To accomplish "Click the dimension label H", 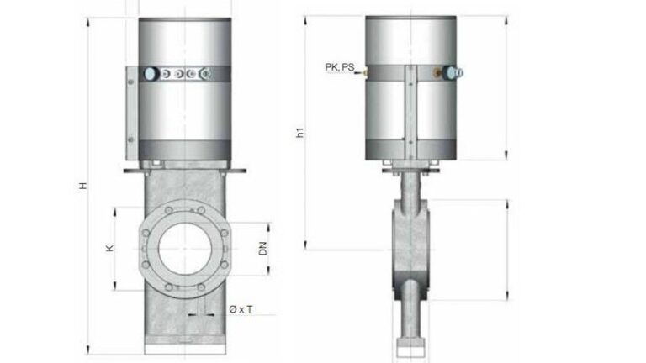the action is point(83,185).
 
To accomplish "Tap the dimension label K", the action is point(109,248).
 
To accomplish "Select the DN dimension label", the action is point(262,249).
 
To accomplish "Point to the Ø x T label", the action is point(241,309).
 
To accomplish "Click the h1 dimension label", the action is point(300,133).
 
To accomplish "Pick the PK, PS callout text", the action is point(340,67).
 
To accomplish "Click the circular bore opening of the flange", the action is point(185,249).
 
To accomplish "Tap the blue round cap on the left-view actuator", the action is point(151,74).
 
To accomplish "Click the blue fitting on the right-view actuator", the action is point(453,73).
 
